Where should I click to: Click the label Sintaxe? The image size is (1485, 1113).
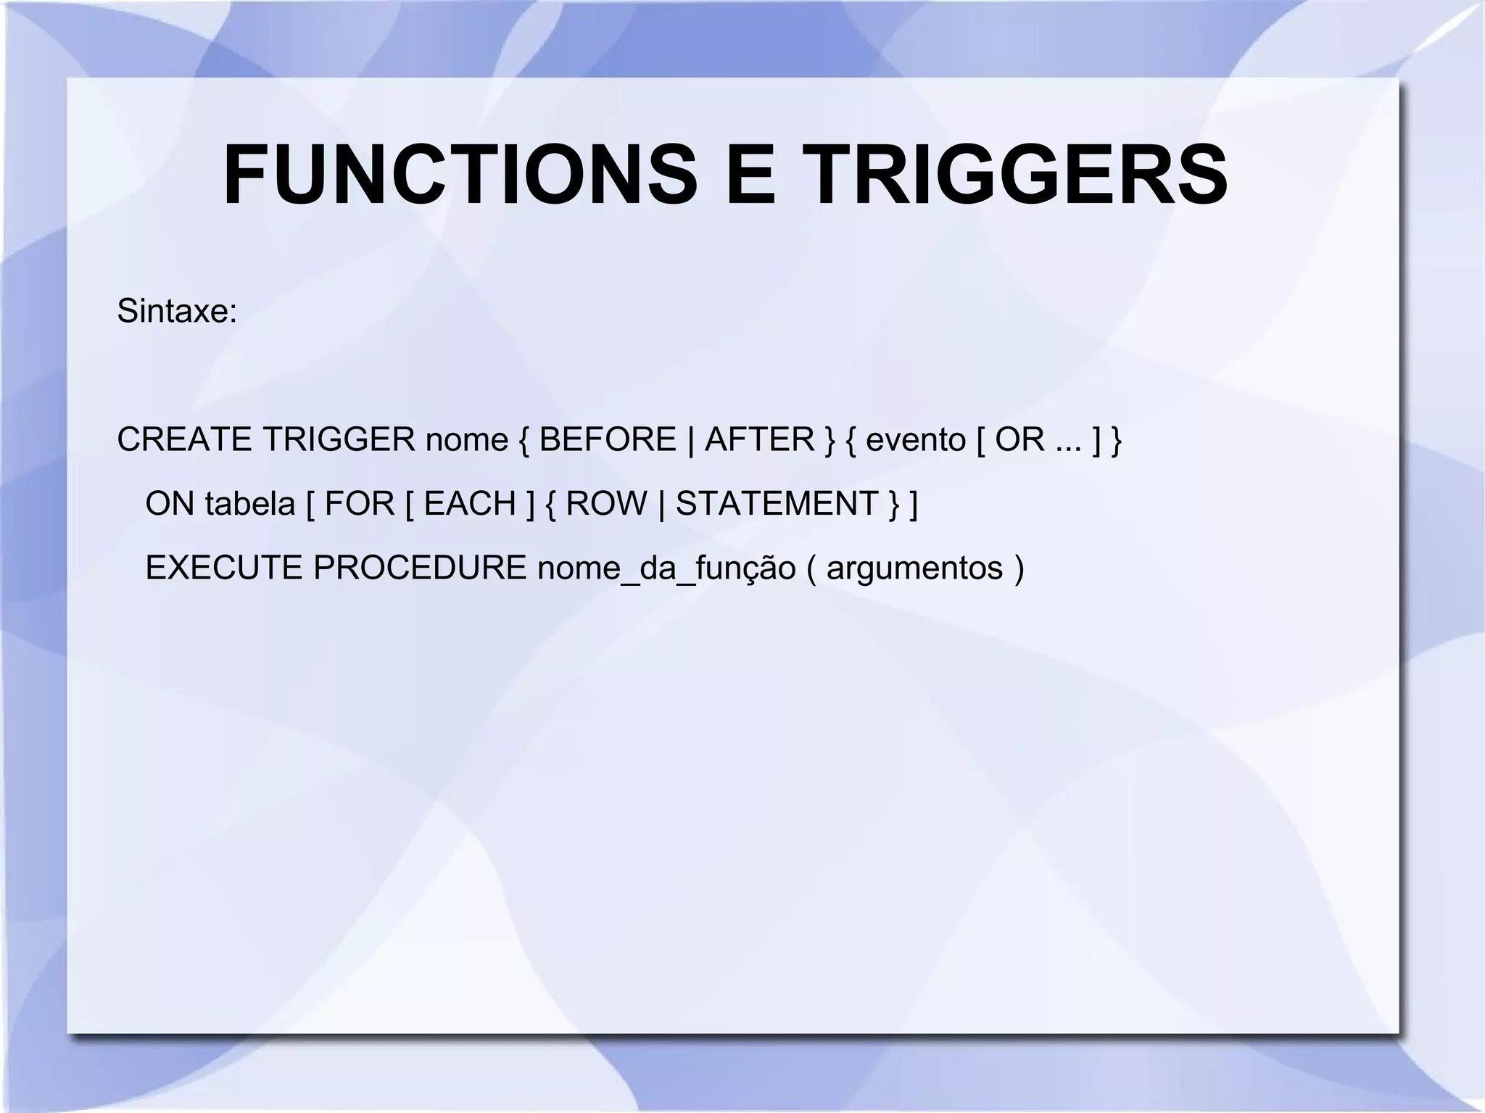pyautogui.click(x=177, y=312)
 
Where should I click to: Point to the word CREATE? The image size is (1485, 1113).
pyautogui.click(x=184, y=439)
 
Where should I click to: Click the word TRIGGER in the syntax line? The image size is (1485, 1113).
pyautogui.click(x=339, y=439)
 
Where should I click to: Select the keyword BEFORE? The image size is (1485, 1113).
pyautogui.click(x=608, y=439)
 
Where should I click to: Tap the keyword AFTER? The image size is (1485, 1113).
pyautogui.click(x=760, y=439)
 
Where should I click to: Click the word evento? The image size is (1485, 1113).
pyautogui.click(x=916, y=439)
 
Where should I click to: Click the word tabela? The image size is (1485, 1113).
pyautogui.click(x=250, y=504)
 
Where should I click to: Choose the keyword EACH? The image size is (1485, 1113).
pyautogui.click(x=470, y=504)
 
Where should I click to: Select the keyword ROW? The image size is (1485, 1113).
pyautogui.click(x=606, y=504)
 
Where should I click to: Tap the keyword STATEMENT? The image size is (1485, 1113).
pyautogui.click(x=777, y=504)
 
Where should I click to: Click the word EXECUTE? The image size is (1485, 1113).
pyautogui.click(x=223, y=568)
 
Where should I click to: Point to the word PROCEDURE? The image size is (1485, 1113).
pyautogui.click(x=420, y=568)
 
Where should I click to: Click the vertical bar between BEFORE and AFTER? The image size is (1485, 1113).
pyautogui.click(x=690, y=439)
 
